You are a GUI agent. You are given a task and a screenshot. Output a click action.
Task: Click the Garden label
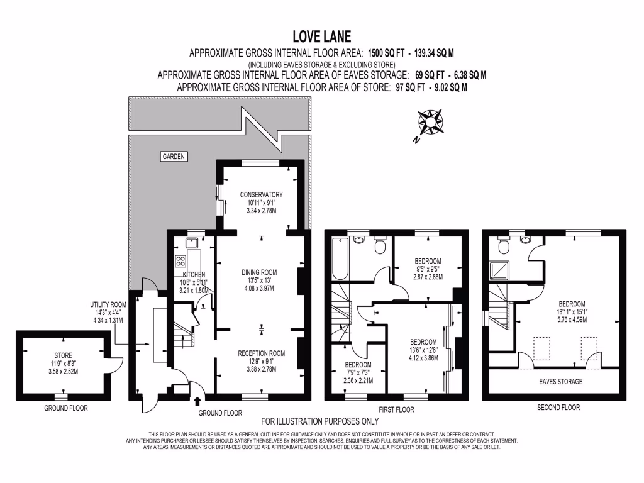174,157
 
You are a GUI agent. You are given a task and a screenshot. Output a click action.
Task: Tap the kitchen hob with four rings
180,262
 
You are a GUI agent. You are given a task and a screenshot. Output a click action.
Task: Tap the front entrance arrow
199,401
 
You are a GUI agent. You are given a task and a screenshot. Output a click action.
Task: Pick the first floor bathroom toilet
379,247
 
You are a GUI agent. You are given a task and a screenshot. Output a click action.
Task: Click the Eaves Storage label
560,382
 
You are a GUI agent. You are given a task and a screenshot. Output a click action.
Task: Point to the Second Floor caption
558,408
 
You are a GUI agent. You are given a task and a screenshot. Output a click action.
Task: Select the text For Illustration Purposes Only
319,421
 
